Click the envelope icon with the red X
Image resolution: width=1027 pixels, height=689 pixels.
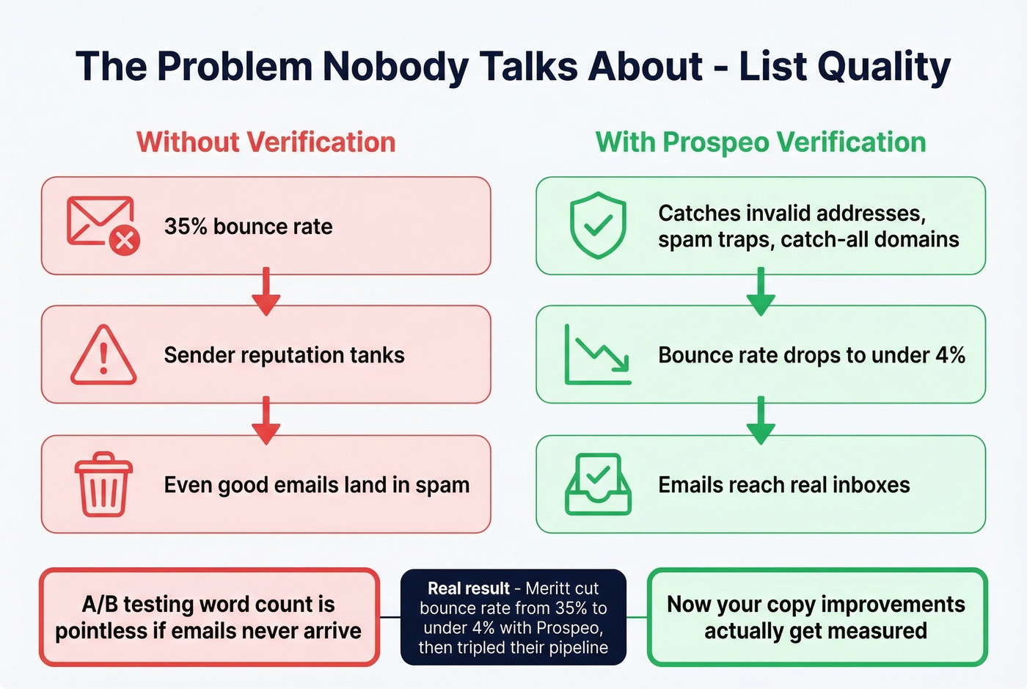point(103,225)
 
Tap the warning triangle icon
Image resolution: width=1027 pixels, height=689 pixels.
point(103,355)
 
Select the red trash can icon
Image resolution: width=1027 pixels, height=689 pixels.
point(103,484)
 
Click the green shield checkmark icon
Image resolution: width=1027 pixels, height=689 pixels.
point(598,225)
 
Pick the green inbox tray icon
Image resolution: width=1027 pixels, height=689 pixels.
point(598,484)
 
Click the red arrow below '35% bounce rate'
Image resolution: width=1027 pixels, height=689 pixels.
point(266,291)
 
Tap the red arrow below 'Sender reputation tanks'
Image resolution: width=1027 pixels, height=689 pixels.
point(266,420)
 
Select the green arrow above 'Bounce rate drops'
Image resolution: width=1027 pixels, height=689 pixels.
point(761,291)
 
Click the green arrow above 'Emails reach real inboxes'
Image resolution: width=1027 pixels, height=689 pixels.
point(761,420)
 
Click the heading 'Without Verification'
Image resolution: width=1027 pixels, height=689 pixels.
point(266,142)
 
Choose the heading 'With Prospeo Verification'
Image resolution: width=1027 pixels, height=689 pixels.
point(761,142)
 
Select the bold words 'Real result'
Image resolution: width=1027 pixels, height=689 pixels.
point(468,588)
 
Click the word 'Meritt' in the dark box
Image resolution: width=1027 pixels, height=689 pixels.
point(551,588)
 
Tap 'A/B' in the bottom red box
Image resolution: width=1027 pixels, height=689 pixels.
point(99,604)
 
